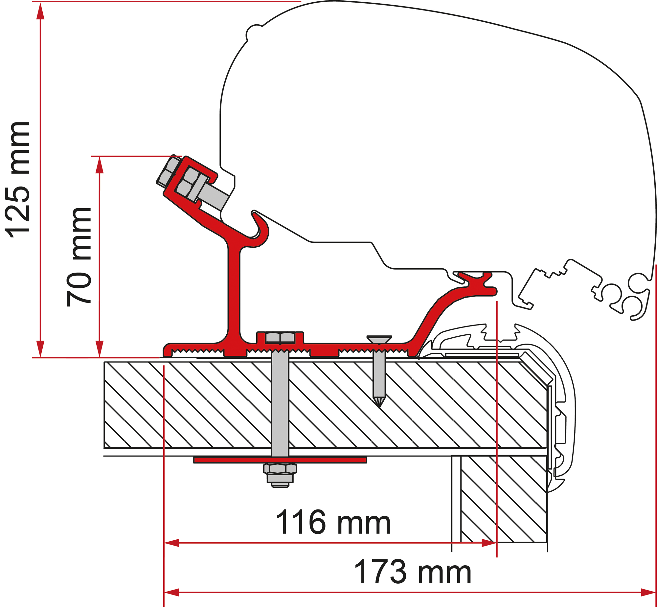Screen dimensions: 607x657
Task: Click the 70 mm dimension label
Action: [x=79, y=257]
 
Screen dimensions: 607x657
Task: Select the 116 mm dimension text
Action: [x=333, y=522]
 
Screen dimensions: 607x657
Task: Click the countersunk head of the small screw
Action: [x=379, y=339]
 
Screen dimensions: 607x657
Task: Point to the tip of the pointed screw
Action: [x=379, y=406]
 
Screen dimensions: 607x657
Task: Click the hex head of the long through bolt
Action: [x=280, y=337]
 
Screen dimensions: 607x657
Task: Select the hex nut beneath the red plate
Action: [x=280, y=468]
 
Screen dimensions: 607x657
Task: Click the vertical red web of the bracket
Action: [x=234, y=289]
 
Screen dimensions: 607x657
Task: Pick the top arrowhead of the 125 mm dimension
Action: [x=40, y=11]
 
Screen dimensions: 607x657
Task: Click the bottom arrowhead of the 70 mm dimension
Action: [x=100, y=349]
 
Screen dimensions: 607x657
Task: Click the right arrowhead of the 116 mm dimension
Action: [x=489, y=543]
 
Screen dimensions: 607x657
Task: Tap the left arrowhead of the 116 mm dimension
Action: [x=172, y=543]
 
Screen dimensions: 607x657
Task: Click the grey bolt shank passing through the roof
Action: [x=280, y=404]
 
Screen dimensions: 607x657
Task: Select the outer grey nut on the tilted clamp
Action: [x=168, y=171]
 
